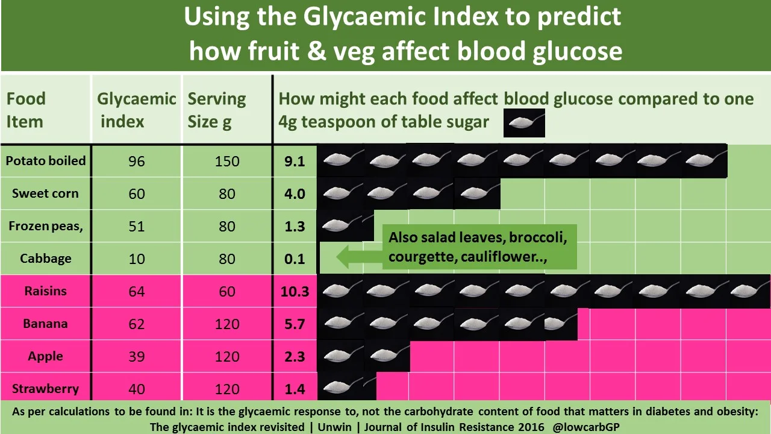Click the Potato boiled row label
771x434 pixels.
[x=46, y=161]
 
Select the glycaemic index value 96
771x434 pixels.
[x=137, y=162]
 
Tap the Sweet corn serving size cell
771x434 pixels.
[x=227, y=194]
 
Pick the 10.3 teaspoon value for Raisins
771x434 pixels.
[x=295, y=292]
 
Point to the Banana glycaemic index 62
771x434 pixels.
[x=137, y=324]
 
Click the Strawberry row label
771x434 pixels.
[x=45, y=389]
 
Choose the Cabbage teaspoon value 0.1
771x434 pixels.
[x=295, y=259]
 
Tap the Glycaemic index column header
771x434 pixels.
[x=136, y=110]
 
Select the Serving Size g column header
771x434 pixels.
[x=217, y=110]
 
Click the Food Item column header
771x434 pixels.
[x=26, y=110]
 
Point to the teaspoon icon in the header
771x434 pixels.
[x=524, y=123]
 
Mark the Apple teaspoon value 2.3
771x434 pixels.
[x=295, y=357]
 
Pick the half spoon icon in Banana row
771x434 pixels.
[x=560, y=324]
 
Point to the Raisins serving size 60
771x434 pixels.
[x=227, y=292]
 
